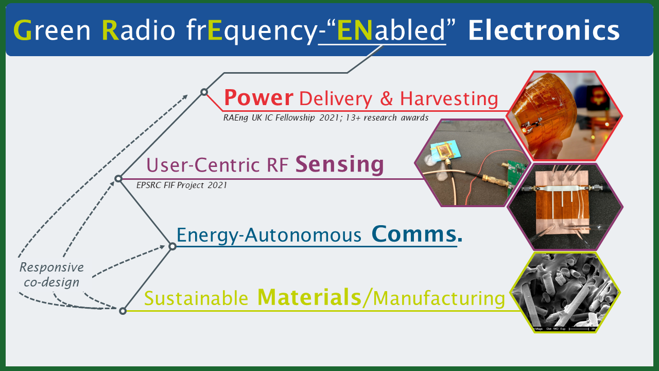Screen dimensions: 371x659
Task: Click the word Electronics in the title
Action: [x=544, y=31]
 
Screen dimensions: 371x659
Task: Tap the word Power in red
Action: [x=258, y=97]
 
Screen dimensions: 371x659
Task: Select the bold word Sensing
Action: [x=340, y=164]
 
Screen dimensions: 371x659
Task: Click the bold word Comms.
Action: [x=417, y=234]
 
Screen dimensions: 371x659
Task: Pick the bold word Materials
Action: [x=309, y=297]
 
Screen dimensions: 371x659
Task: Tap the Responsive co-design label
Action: [x=51, y=275]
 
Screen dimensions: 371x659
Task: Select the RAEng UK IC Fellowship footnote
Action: [x=325, y=117]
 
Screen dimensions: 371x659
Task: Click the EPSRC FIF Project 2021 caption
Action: [x=182, y=185]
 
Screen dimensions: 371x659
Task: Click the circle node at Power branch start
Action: [x=204, y=92]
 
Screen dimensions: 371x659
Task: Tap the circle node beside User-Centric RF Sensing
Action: [x=118, y=179]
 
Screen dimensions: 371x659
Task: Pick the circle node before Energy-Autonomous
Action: [x=172, y=246]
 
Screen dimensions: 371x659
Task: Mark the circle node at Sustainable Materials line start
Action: [x=123, y=311]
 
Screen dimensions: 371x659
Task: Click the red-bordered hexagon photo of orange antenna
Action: [x=564, y=116]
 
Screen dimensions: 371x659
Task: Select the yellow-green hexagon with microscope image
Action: [x=565, y=292]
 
